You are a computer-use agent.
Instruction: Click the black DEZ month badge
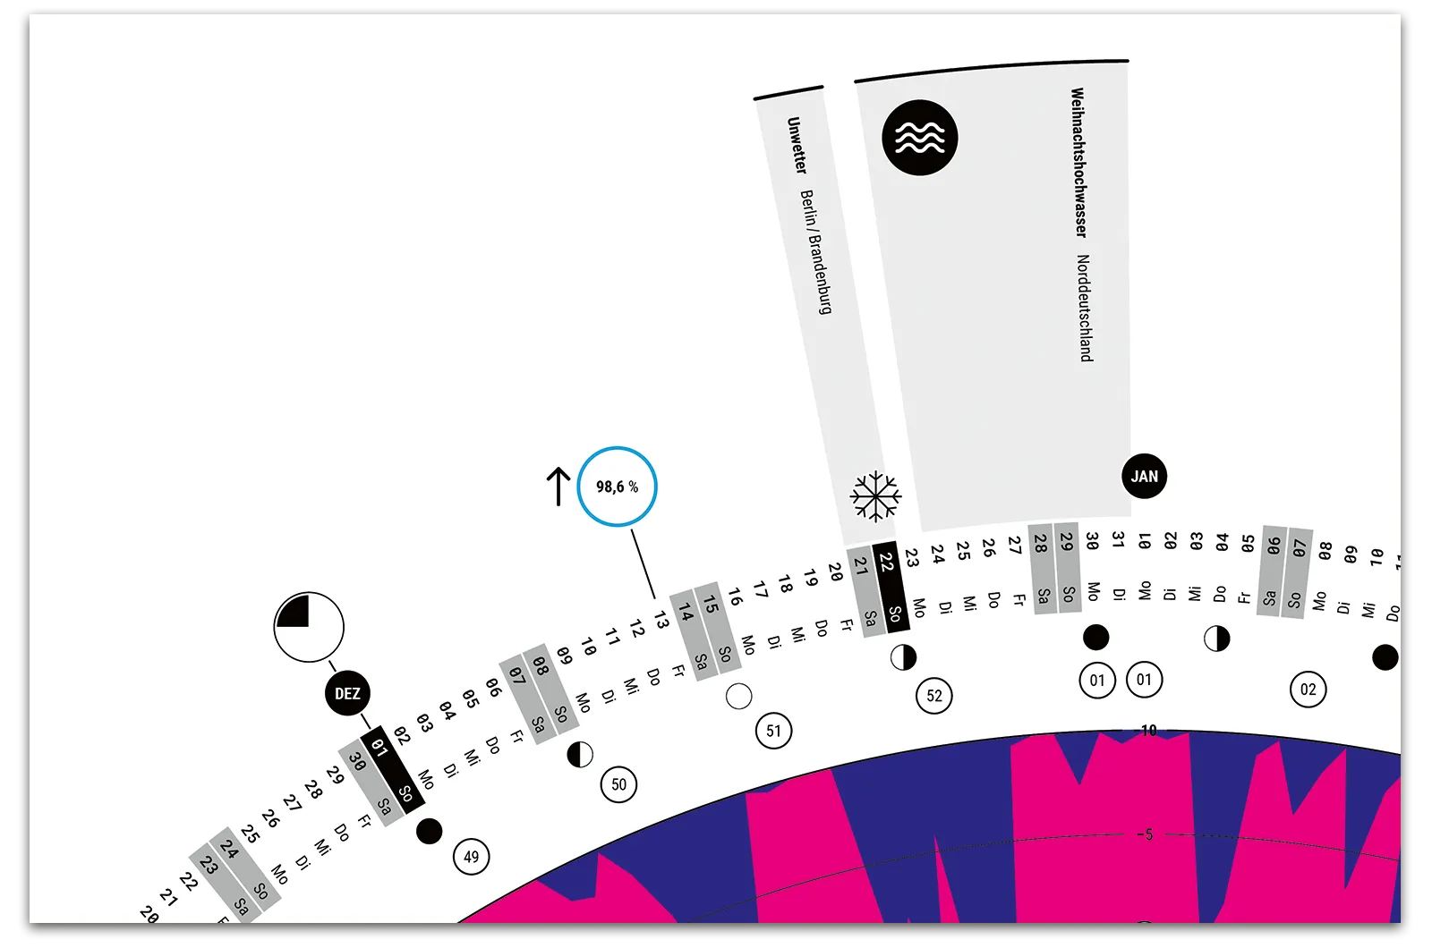click(x=347, y=694)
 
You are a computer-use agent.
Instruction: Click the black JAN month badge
click(x=1144, y=477)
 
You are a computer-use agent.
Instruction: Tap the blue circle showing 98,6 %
click(x=618, y=487)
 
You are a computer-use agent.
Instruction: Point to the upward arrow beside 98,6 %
click(x=558, y=487)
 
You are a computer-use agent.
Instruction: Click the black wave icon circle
click(x=920, y=138)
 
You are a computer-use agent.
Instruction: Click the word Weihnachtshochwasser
click(x=1078, y=162)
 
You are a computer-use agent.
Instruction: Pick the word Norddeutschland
click(x=1084, y=309)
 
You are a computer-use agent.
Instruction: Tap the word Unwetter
click(x=797, y=146)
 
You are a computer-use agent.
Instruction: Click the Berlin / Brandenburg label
click(x=815, y=251)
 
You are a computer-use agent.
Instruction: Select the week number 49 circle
click(x=471, y=857)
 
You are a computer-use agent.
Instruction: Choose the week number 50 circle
click(x=618, y=784)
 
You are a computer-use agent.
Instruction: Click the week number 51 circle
click(x=773, y=731)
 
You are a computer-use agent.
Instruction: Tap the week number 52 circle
click(x=934, y=696)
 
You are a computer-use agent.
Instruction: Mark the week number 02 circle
click(x=1308, y=690)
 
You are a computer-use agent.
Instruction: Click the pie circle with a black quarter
click(x=309, y=626)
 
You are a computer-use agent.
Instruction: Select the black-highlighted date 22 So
click(x=890, y=587)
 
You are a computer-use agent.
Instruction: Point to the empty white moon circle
click(x=739, y=696)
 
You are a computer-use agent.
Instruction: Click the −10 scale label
click(x=1147, y=731)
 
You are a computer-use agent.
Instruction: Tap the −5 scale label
click(x=1146, y=834)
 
